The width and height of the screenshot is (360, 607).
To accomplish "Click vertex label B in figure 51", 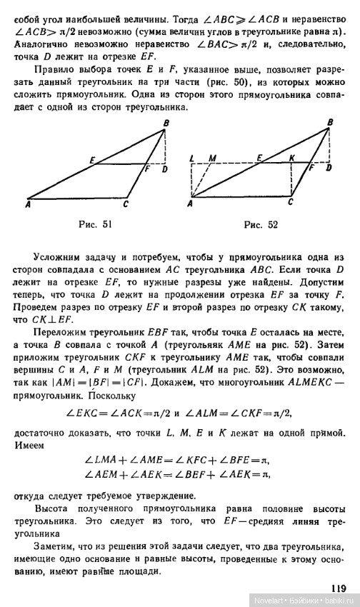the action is point(166,123).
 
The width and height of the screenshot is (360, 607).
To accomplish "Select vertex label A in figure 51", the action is point(27,206).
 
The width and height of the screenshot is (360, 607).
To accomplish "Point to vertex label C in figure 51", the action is point(125,206).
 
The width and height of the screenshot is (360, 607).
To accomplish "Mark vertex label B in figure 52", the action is point(329,122).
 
